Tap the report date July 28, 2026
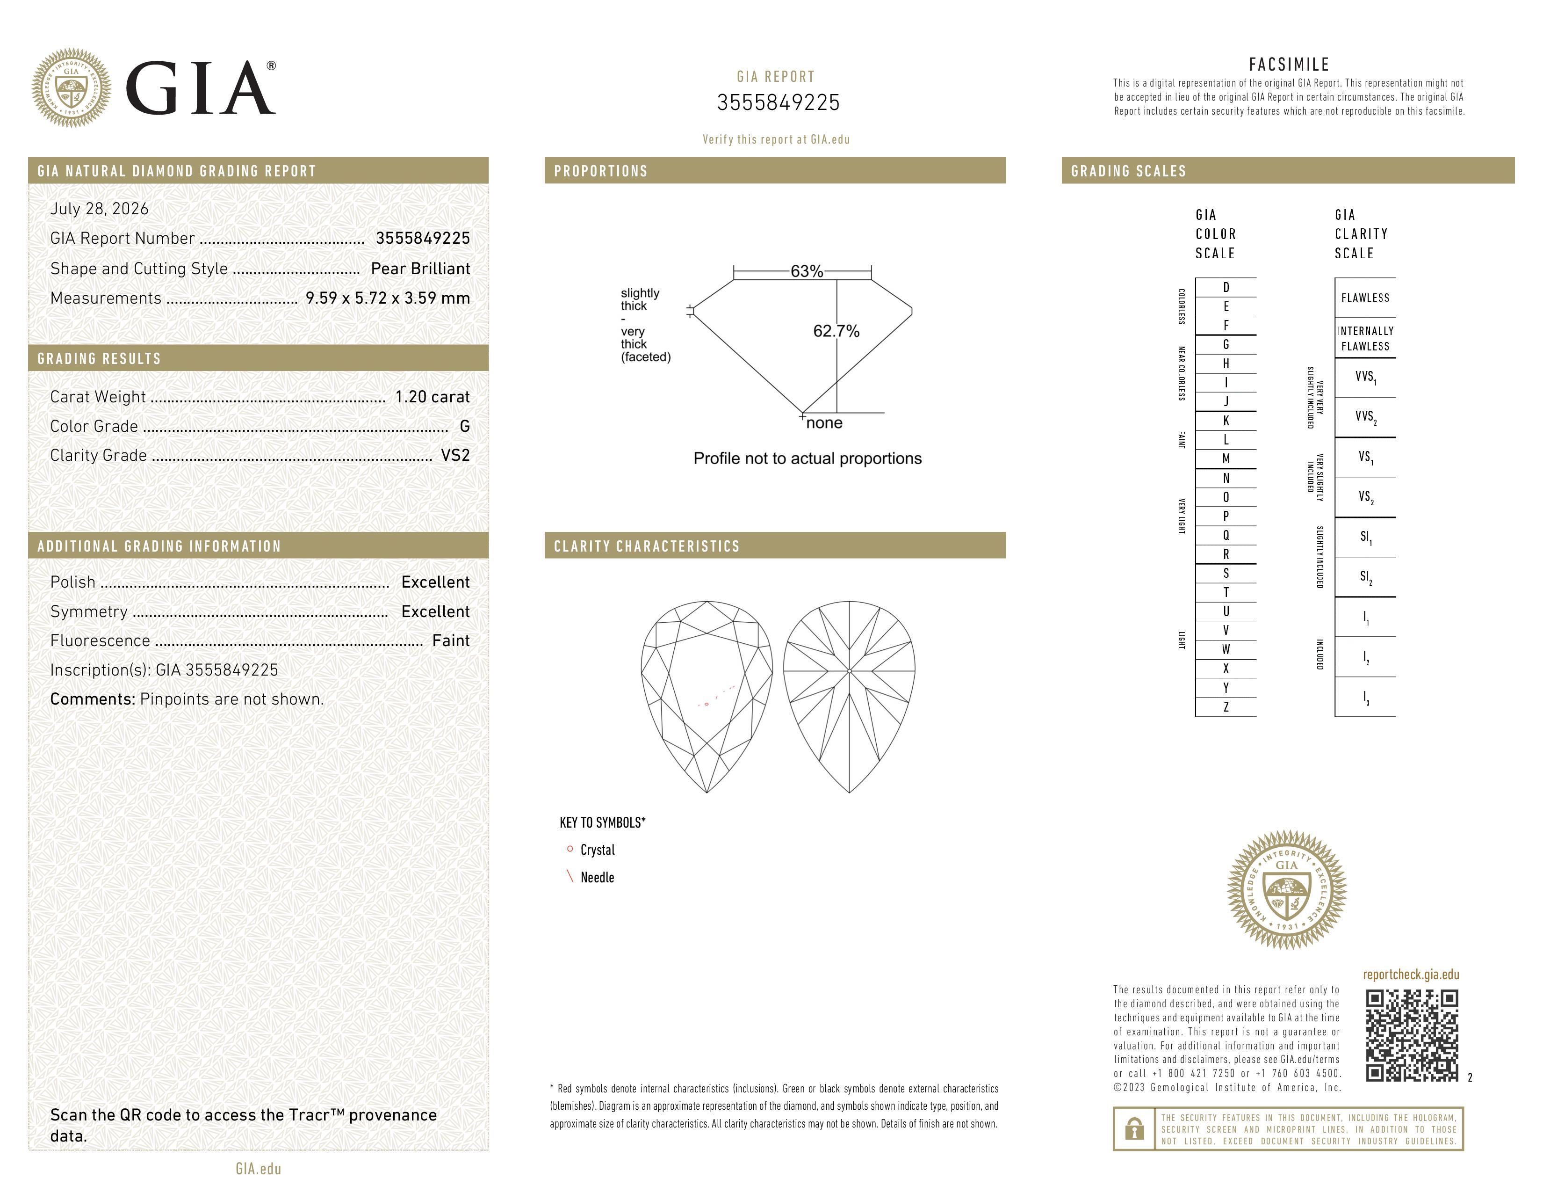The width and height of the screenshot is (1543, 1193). (x=100, y=209)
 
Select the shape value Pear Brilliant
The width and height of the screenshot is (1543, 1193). (x=420, y=269)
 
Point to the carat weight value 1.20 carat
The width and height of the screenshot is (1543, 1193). (x=433, y=397)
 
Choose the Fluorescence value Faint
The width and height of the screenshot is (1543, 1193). (x=451, y=641)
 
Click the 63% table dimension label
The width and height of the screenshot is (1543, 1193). (x=807, y=271)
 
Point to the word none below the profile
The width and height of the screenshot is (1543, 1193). (x=824, y=422)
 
